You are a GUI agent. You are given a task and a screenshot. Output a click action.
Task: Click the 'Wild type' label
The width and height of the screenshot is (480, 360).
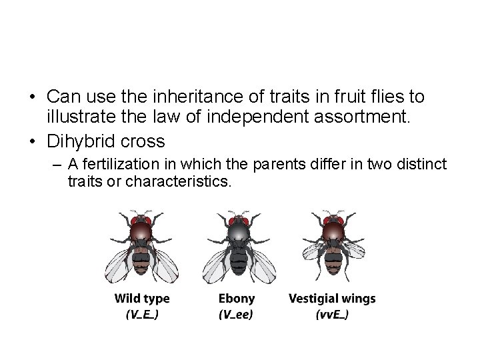(x=142, y=299)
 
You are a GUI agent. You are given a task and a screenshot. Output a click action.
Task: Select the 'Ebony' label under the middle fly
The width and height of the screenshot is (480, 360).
(x=237, y=299)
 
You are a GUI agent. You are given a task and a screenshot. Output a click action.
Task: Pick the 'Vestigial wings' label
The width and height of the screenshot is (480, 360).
(x=332, y=299)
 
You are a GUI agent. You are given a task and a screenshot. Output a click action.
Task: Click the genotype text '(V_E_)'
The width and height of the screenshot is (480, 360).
(x=142, y=315)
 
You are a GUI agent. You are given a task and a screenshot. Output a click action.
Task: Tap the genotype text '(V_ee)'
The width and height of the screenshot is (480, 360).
(x=237, y=315)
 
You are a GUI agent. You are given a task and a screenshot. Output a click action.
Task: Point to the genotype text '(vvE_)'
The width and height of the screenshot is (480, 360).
(x=331, y=315)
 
